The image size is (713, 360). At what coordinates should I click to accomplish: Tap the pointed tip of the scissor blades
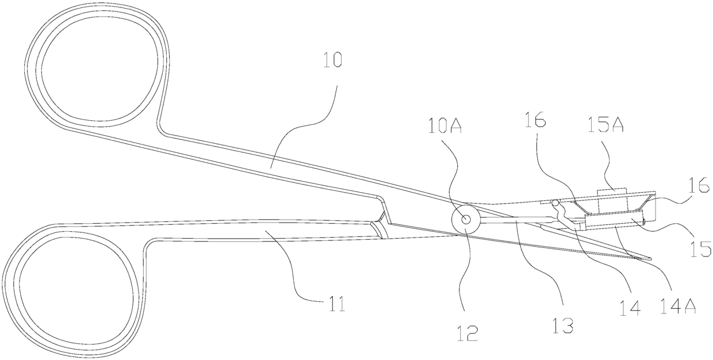tap(650, 258)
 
